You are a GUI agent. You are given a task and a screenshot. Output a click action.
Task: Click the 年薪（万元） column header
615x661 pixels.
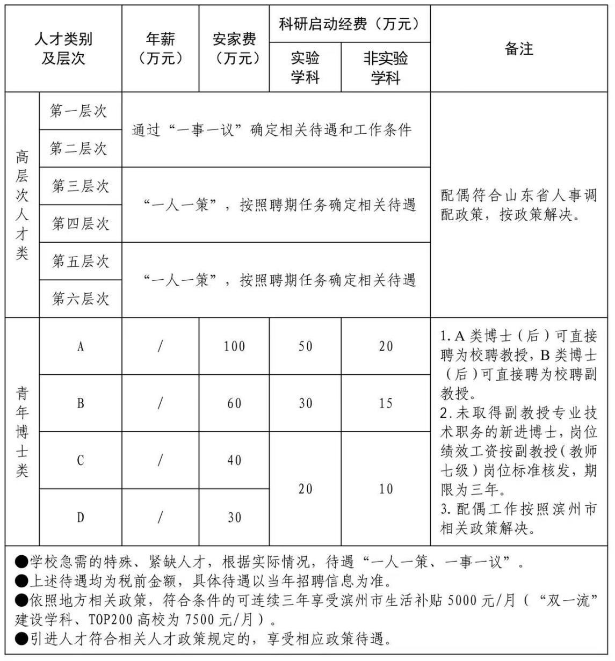point(160,48)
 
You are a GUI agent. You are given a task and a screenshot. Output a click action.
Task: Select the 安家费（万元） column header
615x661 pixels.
point(234,48)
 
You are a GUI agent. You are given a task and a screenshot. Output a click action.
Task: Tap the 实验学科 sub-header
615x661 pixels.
point(305,67)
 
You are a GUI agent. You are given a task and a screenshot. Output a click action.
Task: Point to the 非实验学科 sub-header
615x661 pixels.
point(386,67)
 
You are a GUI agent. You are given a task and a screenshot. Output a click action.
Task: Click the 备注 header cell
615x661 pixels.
point(519,49)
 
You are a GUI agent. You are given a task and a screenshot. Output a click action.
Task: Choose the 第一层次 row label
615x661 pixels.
point(79,111)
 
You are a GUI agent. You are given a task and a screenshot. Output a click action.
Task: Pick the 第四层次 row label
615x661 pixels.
point(81,223)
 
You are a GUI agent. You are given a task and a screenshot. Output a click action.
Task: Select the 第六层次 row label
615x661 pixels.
point(81,299)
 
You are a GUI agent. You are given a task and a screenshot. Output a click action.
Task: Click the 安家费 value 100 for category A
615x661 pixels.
point(234,346)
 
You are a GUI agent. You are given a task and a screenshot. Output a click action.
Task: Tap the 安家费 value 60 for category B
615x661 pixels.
point(234,403)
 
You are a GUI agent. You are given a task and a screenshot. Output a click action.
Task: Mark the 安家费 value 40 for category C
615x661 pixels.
point(234,460)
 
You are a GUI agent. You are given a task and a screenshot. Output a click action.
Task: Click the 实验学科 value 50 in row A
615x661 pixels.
point(305,346)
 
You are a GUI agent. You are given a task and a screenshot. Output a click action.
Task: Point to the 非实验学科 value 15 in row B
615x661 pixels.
point(386,403)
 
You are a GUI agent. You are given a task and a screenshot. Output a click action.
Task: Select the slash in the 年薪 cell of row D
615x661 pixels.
point(160,517)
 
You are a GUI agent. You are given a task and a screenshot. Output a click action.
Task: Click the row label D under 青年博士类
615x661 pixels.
point(81,517)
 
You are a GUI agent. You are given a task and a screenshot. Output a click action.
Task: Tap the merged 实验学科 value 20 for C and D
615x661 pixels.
point(305,489)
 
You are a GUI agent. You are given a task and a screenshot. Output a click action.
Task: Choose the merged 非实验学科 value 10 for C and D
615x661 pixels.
point(386,489)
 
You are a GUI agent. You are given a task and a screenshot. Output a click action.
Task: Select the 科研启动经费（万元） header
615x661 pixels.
point(350,24)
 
